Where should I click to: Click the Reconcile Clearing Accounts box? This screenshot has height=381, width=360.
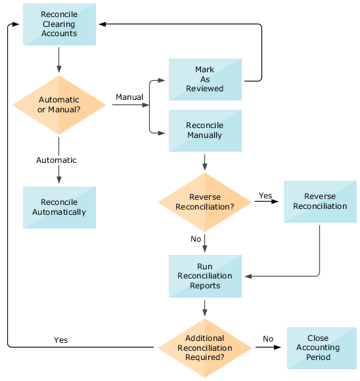(59, 25)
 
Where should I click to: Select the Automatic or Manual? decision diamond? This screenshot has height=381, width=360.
(59, 104)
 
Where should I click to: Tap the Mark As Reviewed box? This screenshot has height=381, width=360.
(205, 79)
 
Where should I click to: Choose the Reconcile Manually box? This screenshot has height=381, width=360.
(205, 130)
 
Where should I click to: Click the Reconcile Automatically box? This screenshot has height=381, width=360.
(59, 207)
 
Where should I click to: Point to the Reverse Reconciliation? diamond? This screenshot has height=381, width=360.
(205, 202)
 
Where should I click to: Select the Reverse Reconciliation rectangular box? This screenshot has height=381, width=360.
(320, 202)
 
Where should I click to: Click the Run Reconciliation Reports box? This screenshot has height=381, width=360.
(205, 277)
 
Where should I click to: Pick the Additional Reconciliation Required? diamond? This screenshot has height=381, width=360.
(205, 347)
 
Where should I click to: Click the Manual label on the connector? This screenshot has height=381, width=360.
(129, 97)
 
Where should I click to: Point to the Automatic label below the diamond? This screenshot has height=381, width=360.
(56, 160)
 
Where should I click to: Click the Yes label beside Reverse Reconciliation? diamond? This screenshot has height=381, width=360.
(265, 196)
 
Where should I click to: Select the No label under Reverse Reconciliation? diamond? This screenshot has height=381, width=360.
(196, 239)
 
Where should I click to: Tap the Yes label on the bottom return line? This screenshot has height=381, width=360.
(61, 340)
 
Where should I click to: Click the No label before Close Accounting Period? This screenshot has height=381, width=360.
(268, 339)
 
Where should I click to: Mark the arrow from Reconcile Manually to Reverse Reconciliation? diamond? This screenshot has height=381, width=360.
(205, 162)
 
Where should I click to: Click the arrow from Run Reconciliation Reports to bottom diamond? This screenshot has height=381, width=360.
(205, 307)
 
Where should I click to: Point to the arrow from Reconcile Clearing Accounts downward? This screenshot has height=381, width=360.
(59, 60)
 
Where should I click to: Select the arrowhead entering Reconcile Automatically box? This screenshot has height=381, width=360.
(59, 181)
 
